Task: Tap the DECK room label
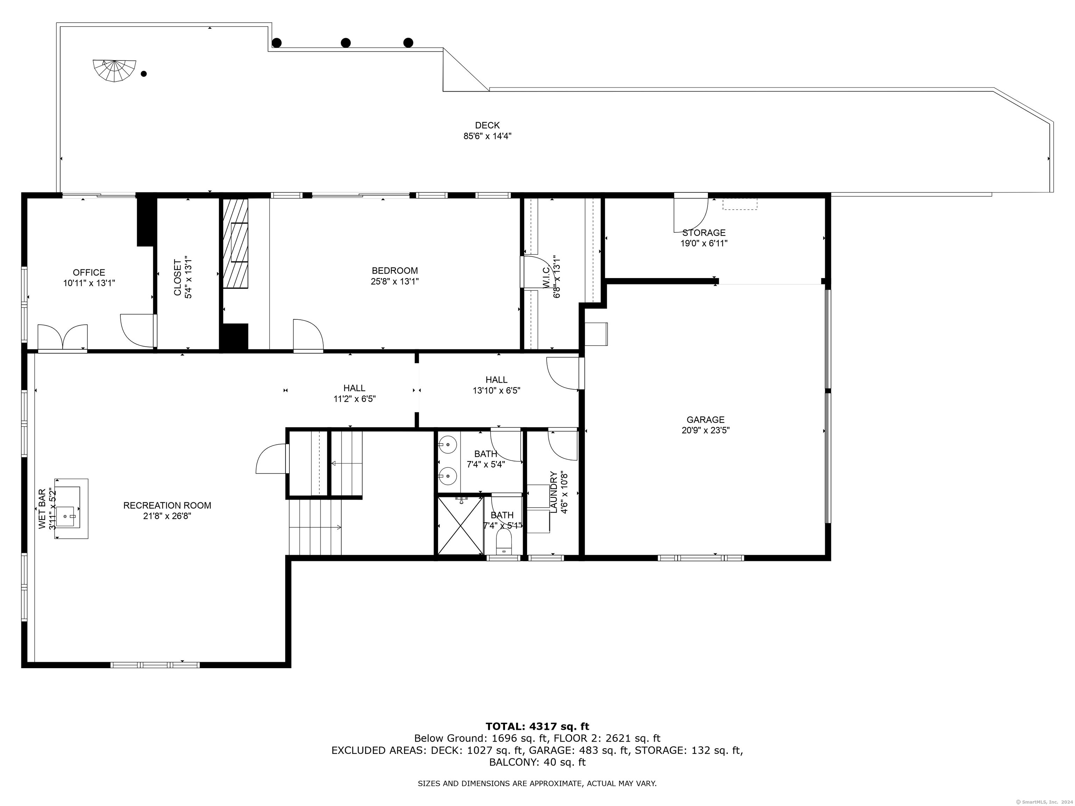[487, 125]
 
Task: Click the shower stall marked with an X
[460, 525]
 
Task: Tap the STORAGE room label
[704, 233]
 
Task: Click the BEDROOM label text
[395, 271]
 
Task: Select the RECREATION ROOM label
[167, 505]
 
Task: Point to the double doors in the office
[63, 337]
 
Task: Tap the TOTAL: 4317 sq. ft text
[537, 726]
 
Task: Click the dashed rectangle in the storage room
[740, 204]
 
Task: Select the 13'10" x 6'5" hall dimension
[496, 390]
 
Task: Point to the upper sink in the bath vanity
[447, 444]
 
